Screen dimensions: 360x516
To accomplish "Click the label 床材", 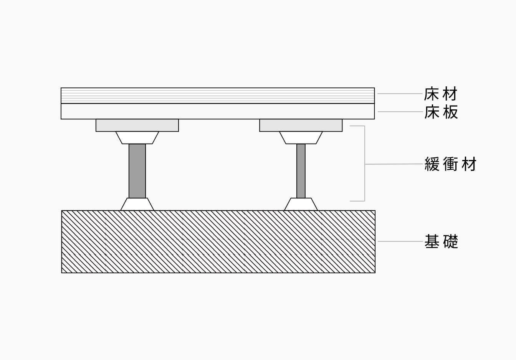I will coord(441,94).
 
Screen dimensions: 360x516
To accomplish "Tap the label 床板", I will coord(441,112).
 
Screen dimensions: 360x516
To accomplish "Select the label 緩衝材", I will coord(450,164).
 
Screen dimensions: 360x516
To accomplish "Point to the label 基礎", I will coord(441,242).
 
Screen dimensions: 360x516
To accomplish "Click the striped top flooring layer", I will coord(218,96).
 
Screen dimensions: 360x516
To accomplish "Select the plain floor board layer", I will coord(218,111).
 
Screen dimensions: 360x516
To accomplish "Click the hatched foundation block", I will coord(218,242).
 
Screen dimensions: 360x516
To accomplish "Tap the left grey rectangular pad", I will coord(137,126).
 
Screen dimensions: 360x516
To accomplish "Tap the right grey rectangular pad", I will coord(301,126).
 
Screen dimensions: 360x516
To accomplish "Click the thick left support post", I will coord(137,171).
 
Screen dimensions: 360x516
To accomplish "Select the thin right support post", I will coord(301,171).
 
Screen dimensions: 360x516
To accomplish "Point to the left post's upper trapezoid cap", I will coord(137,138).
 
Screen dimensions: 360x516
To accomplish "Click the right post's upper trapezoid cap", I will coord(301,138).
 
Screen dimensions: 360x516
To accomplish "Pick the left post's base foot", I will coord(137,205).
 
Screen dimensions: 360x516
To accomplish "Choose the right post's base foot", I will coord(301,205).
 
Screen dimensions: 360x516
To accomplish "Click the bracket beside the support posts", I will coord(364,164).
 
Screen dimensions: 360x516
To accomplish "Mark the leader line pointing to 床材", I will coord(399,94).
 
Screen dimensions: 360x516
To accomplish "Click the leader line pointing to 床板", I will coord(399,112).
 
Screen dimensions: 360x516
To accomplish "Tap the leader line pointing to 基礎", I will coord(399,242).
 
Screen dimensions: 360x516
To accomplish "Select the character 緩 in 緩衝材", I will coord(432,164).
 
